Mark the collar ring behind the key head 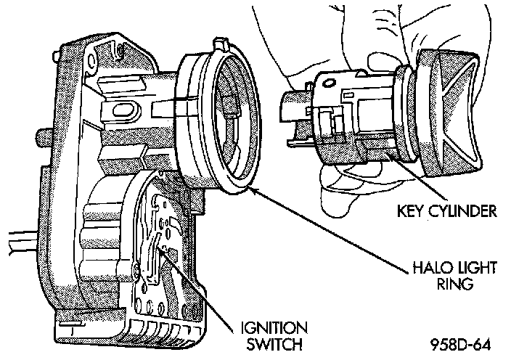(406, 116)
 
